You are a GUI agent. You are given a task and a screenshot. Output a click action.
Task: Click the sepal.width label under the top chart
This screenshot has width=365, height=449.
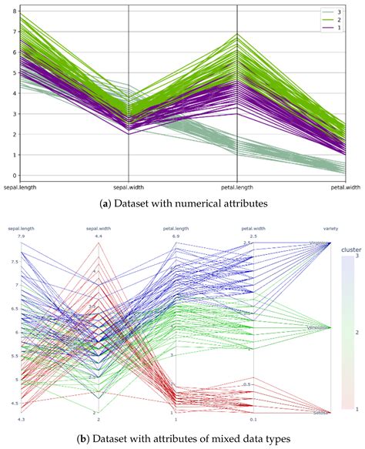click(x=128, y=186)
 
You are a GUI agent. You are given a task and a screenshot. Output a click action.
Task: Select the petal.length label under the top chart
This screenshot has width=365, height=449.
click(x=236, y=186)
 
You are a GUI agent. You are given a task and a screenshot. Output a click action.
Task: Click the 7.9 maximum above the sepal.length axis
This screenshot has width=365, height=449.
click(x=22, y=236)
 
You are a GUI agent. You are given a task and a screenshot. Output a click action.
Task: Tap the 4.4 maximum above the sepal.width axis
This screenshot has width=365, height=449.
click(x=99, y=236)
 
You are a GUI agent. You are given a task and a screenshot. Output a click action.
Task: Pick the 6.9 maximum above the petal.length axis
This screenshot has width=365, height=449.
click(x=176, y=236)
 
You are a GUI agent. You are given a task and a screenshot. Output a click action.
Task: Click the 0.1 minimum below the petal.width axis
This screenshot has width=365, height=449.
click(x=254, y=420)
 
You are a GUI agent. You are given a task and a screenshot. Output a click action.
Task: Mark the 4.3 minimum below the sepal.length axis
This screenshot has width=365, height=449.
click(x=22, y=420)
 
